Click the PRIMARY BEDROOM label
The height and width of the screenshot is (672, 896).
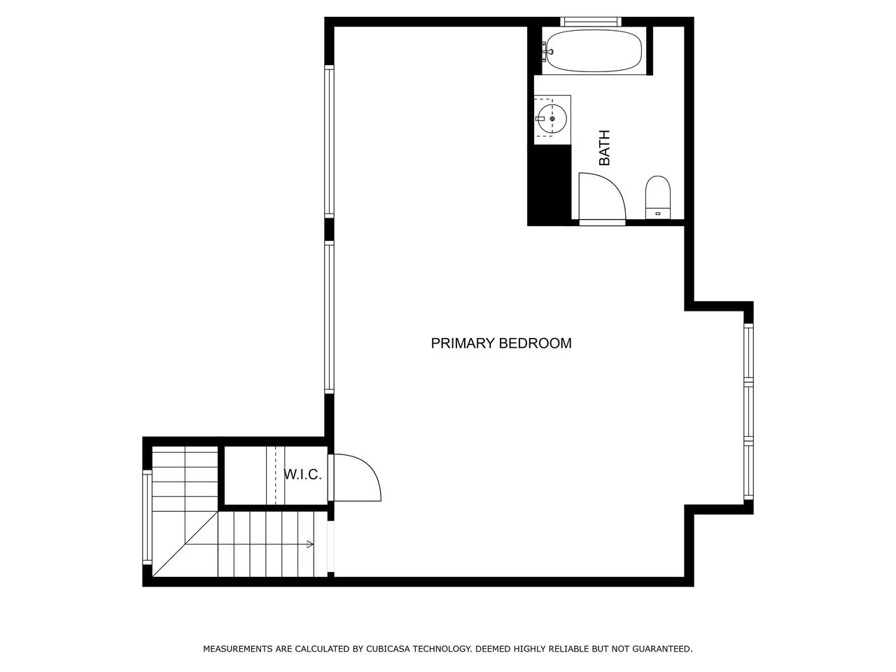[501, 343]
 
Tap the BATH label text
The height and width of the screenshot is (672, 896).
[604, 148]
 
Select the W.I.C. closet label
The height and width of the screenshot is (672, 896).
[302, 475]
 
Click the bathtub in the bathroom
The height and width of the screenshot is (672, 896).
[594, 52]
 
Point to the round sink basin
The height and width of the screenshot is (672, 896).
[552, 119]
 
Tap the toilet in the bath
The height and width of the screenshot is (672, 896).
[657, 197]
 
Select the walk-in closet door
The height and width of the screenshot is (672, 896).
[354, 477]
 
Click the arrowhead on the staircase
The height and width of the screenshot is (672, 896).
[310, 544]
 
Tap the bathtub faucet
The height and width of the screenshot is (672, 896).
[547, 52]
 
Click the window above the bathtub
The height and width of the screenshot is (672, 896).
[590, 22]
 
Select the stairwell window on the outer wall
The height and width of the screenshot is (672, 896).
[147, 517]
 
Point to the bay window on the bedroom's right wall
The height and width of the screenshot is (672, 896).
[748, 412]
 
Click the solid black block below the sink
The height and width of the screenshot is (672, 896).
[549, 185]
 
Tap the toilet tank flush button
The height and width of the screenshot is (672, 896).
[657, 213]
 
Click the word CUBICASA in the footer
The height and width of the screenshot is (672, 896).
[388, 649]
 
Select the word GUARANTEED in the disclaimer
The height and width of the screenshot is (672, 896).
[662, 649]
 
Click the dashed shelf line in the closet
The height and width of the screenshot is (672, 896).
[276, 476]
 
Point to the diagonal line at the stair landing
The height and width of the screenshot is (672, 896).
[185, 545]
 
